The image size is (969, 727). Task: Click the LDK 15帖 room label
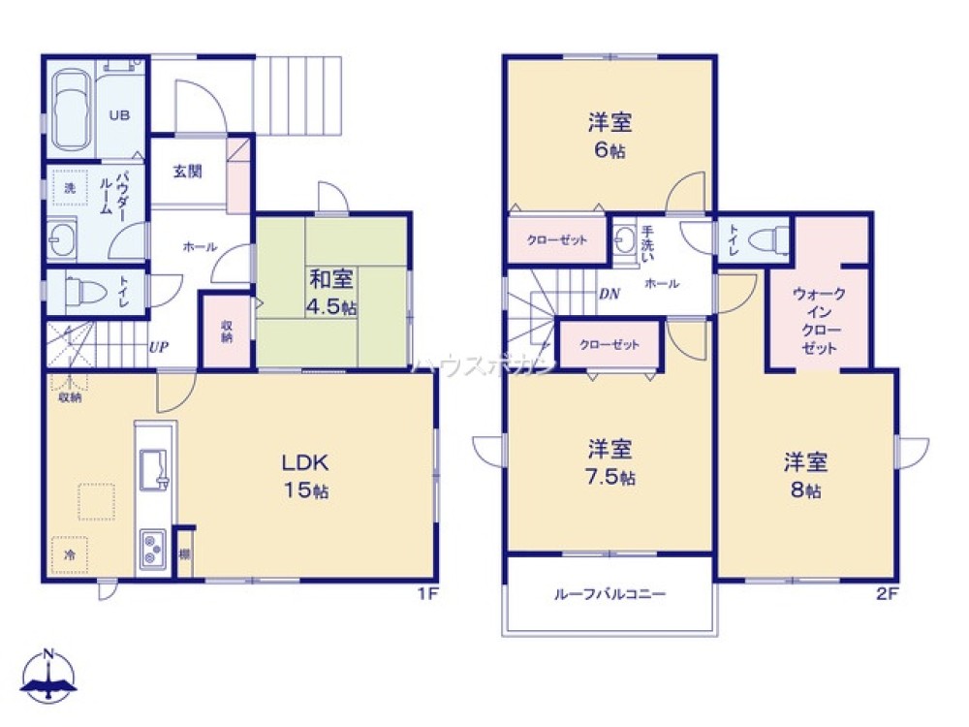(x=305, y=475)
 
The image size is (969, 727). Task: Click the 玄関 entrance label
(x=187, y=172)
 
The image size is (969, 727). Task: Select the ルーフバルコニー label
(x=610, y=594)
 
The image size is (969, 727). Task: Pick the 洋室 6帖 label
(x=610, y=136)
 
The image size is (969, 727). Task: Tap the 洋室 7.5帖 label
(x=610, y=462)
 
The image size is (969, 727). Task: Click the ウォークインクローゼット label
(x=819, y=320)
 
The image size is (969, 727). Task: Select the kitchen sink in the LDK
(x=154, y=471)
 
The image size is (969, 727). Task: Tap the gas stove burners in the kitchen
(x=154, y=550)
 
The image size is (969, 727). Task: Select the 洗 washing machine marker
(x=69, y=188)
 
